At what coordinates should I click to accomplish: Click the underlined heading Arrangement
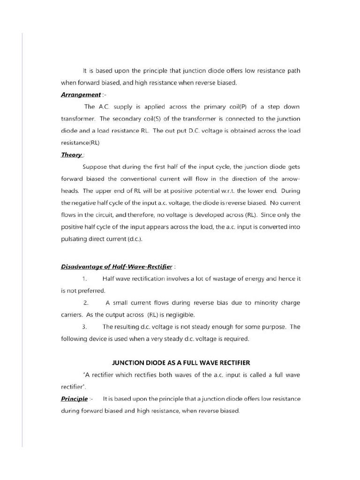81,94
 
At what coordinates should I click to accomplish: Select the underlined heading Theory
72,154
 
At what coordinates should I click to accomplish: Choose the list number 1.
84,278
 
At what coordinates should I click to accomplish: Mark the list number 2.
86,303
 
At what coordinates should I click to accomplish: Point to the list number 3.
84,327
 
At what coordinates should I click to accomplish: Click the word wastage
202,278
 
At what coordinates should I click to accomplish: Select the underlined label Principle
75,399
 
